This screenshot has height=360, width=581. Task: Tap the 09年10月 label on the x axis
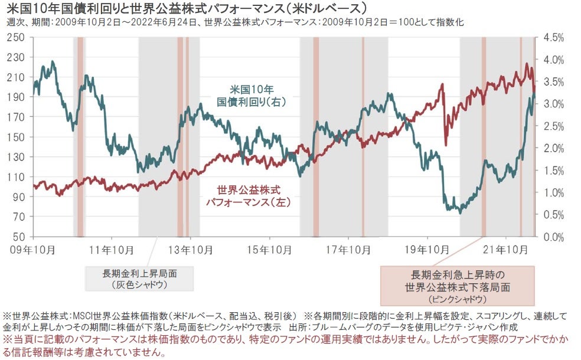tap(33, 250)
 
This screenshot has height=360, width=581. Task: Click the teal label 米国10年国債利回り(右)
tap(252, 96)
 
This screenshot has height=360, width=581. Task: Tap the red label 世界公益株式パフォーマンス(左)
tap(249, 196)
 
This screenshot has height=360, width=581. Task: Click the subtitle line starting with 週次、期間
tap(236, 24)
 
